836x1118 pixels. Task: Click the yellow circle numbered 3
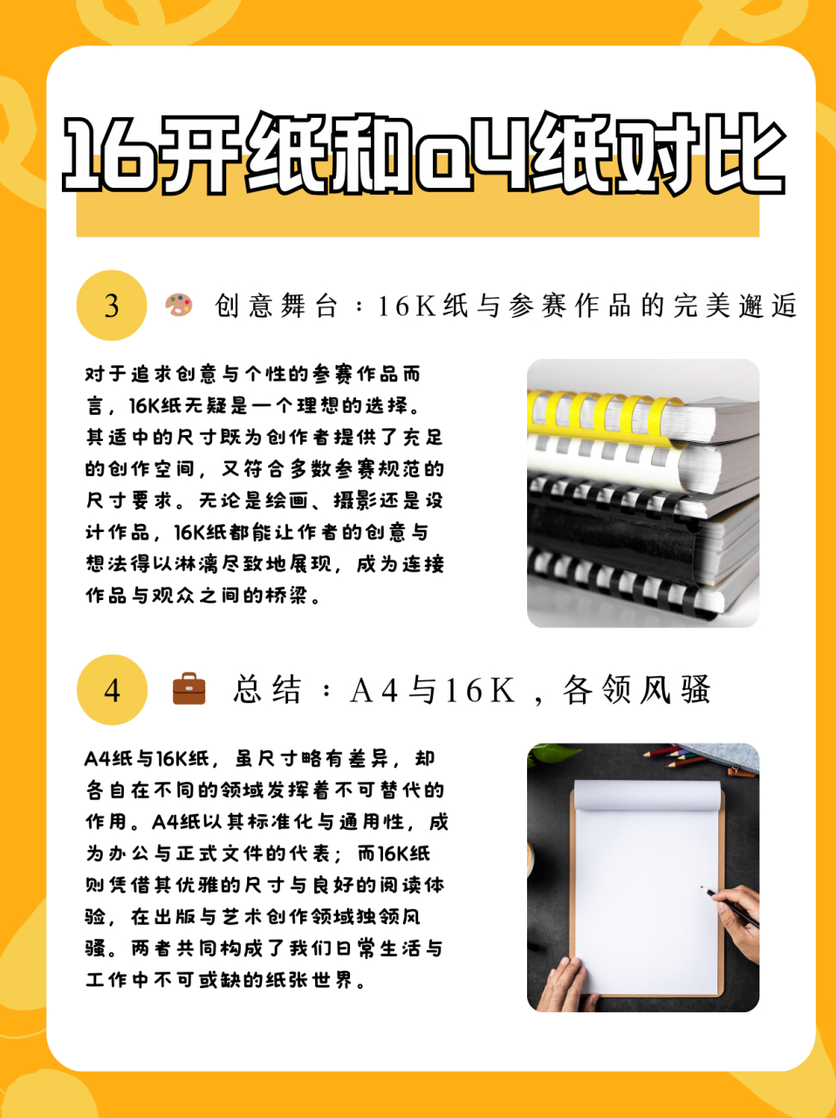[112, 306]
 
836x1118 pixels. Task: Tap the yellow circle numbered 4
[112, 690]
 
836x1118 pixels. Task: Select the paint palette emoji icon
[179, 305]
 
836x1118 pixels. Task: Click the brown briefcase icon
[189, 689]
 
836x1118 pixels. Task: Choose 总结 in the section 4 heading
[267, 690]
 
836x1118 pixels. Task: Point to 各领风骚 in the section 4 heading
[637, 690]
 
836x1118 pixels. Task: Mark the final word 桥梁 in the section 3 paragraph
[288, 596]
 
